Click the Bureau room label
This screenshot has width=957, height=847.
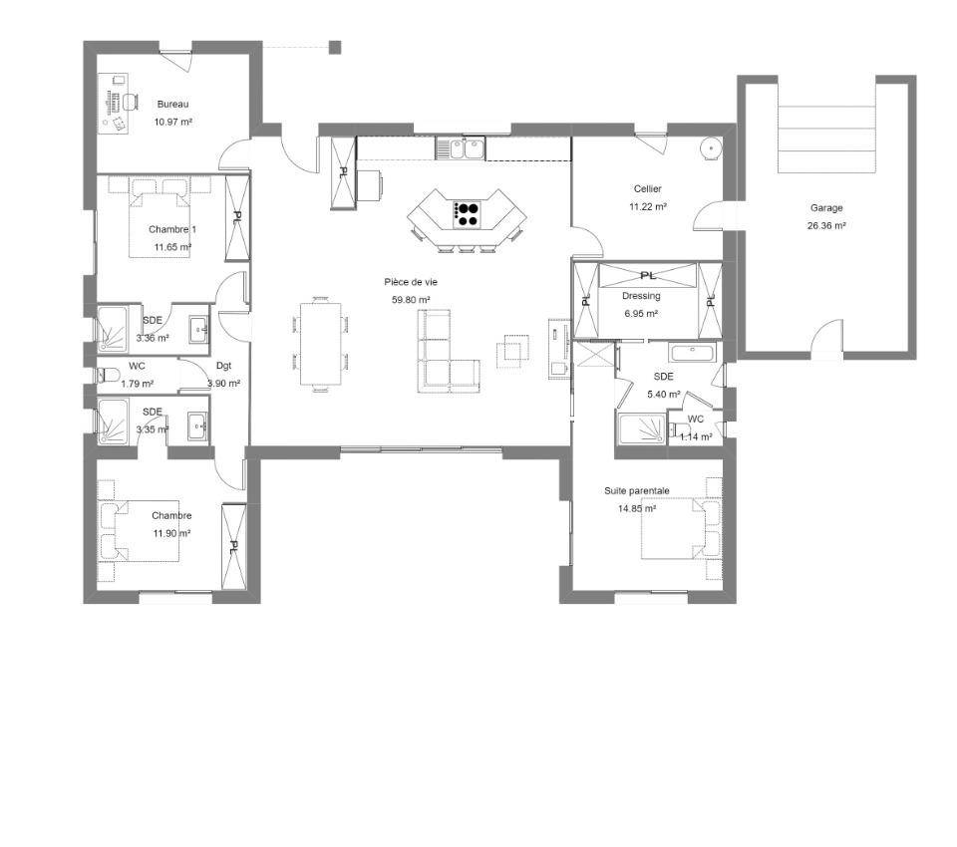(172, 104)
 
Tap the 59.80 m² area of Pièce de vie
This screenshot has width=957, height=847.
(411, 300)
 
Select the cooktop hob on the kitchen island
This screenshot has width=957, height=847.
(469, 214)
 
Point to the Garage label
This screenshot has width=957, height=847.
(826, 207)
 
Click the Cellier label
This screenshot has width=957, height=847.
(648, 189)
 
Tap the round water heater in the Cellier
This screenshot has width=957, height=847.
(710, 147)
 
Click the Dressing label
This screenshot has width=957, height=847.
(641, 296)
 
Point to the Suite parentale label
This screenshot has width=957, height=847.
(637, 490)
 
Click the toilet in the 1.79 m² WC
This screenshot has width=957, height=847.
(109, 376)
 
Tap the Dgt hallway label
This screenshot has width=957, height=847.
(224, 366)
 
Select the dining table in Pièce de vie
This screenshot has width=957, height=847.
(321, 344)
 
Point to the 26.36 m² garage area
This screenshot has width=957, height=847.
(826, 225)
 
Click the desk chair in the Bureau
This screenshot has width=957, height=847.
(130, 102)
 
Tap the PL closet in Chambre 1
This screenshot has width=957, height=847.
(237, 218)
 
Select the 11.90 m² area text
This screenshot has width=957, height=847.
(172, 533)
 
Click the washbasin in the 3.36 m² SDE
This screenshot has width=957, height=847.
(198, 330)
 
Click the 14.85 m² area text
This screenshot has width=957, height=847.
(637, 508)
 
